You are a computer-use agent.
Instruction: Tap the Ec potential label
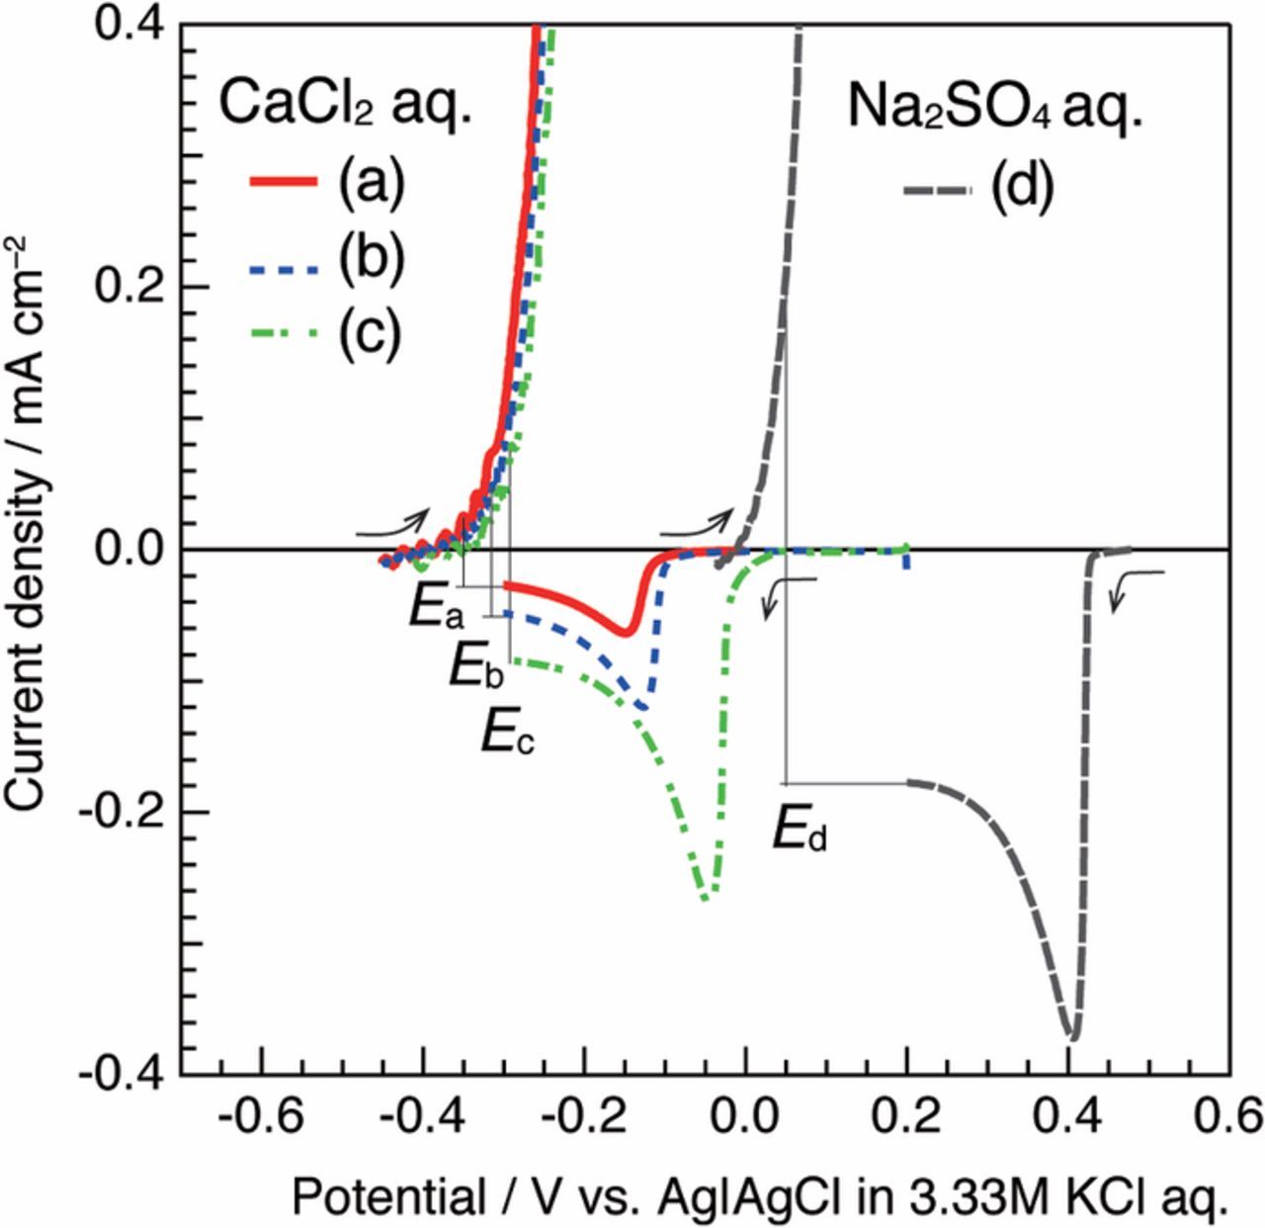click(x=507, y=734)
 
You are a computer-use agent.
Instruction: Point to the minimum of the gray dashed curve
click(x=1072, y=1038)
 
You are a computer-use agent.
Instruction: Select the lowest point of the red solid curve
click(x=625, y=632)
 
